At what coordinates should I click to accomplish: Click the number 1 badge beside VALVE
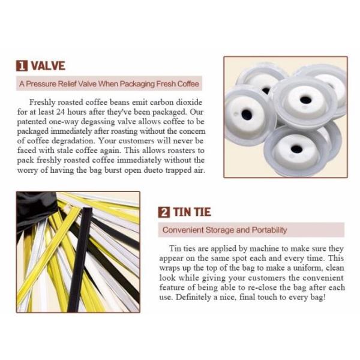point(22,65)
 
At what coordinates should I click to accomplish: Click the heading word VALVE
point(48,65)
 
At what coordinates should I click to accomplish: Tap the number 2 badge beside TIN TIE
point(164,212)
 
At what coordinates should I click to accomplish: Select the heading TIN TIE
point(192,212)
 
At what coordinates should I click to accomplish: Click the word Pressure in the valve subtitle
point(41,83)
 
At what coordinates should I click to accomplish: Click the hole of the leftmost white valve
point(247,115)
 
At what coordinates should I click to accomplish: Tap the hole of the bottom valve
point(296,149)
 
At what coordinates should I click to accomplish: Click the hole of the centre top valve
point(305,100)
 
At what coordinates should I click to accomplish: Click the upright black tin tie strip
point(79,259)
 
